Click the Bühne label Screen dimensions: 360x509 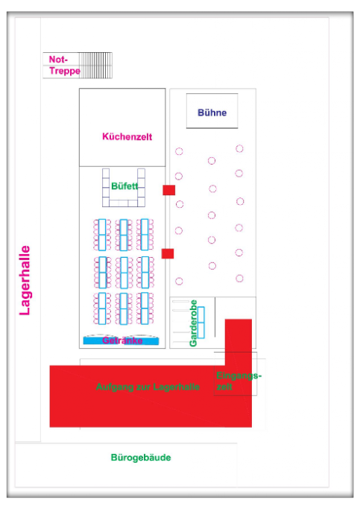click(212, 113)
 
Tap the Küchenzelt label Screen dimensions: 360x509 click(127, 136)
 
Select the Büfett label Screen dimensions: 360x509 click(124, 186)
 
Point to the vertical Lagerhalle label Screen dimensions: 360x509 click(25, 280)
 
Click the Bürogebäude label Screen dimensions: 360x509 click(141, 458)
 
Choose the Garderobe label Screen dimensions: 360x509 click(193, 323)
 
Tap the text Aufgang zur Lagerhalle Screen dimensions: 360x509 click(148, 387)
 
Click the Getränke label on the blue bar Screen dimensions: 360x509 click(122, 340)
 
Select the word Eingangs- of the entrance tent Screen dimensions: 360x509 click(239, 376)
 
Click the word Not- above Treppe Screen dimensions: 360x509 click(58, 60)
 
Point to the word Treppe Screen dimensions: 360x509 click(65, 71)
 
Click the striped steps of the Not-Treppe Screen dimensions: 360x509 click(95, 66)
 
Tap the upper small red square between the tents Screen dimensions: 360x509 click(168, 190)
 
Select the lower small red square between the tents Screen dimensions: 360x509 click(168, 253)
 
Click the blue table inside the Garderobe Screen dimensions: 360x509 click(201, 323)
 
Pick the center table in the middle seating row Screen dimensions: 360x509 click(124, 273)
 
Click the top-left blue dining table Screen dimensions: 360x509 click(102, 235)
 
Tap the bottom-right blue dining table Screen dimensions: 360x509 click(145, 309)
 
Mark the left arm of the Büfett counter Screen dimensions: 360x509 click(106, 187)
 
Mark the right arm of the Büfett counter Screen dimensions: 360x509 click(141, 187)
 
